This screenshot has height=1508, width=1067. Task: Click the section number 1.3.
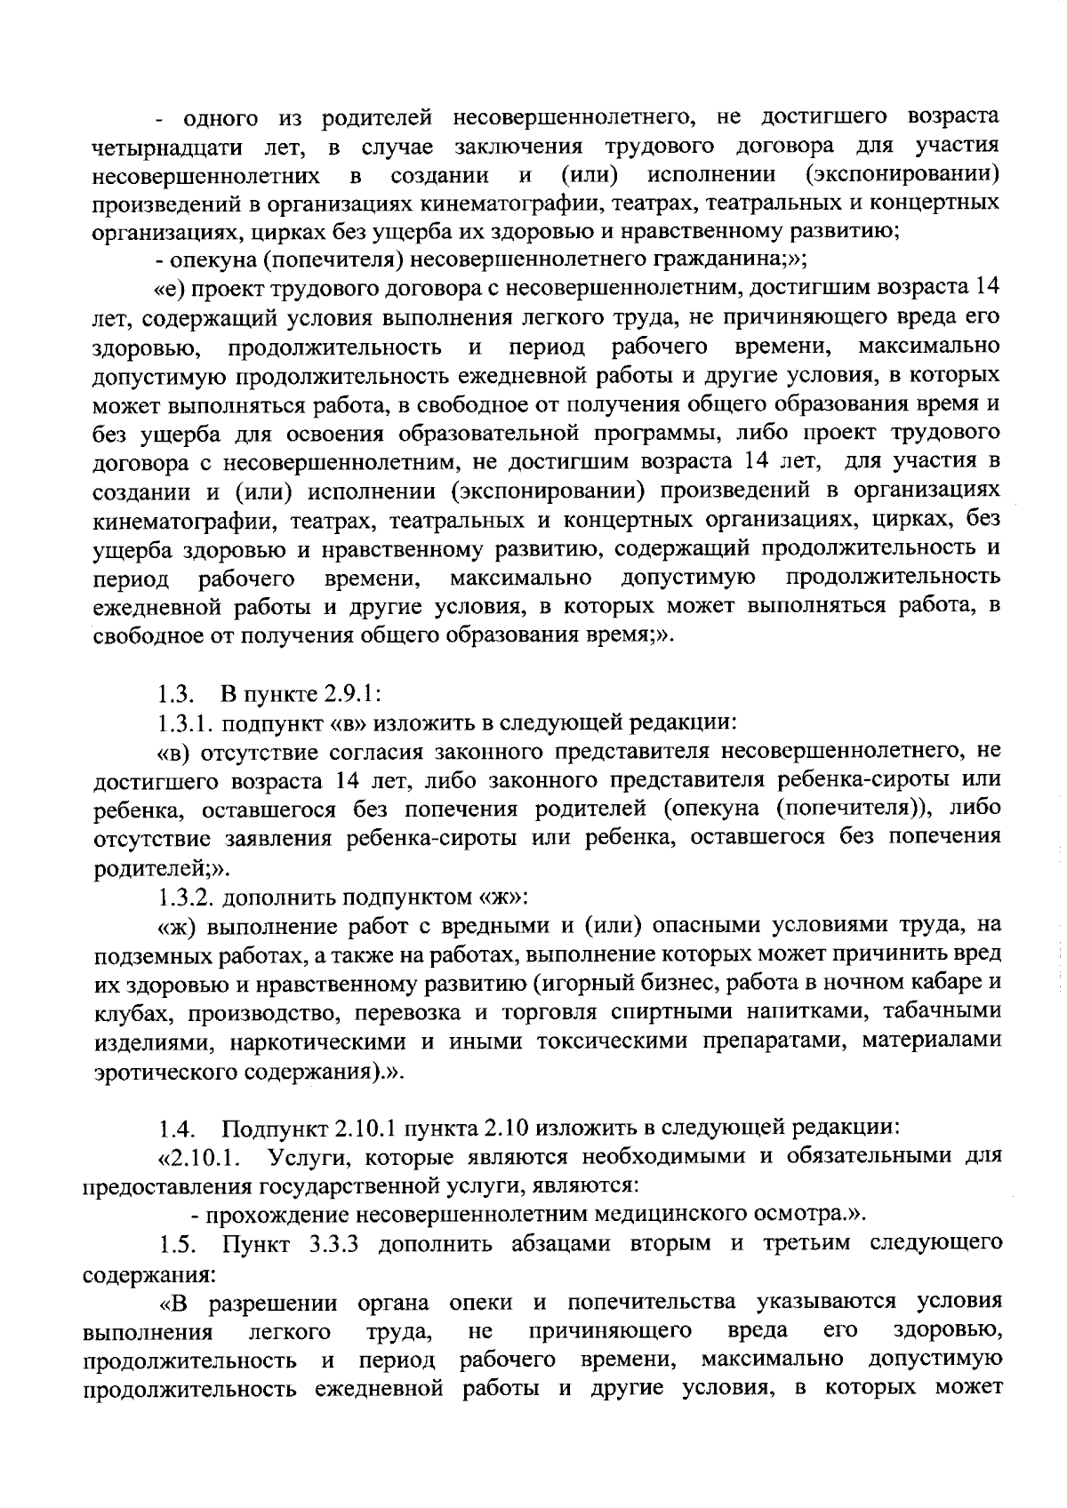[171, 694]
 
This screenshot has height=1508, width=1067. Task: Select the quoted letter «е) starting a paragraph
[169, 289]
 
